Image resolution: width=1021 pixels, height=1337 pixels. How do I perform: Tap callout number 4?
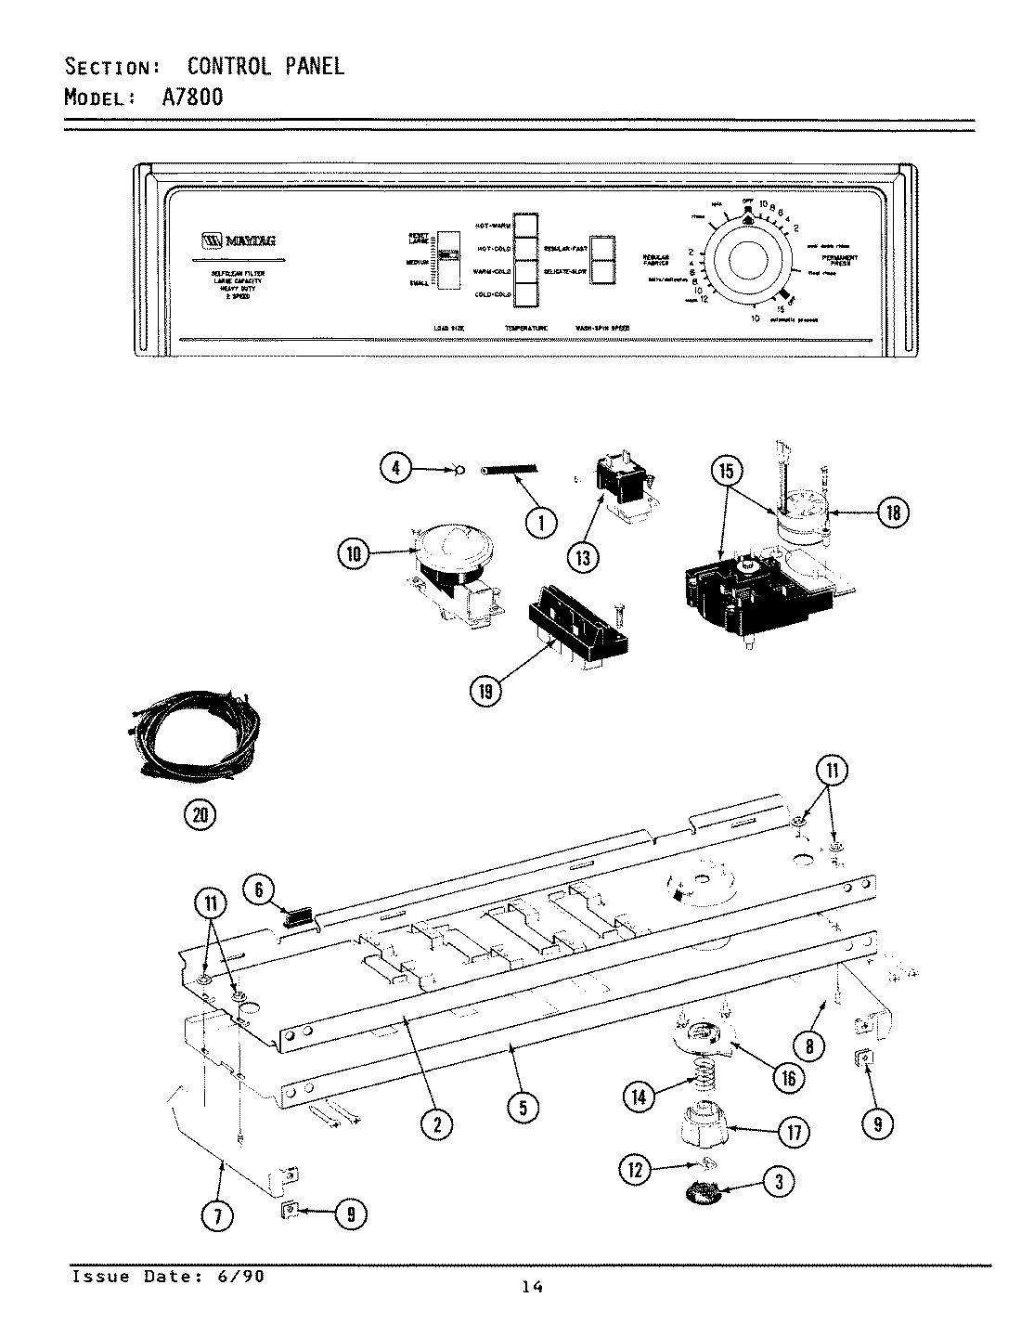point(396,469)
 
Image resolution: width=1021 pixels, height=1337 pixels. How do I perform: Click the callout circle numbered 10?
point(352,555)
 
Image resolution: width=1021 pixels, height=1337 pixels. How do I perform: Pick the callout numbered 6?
point(259,889)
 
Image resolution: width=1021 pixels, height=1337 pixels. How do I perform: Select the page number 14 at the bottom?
point(533,1286)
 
